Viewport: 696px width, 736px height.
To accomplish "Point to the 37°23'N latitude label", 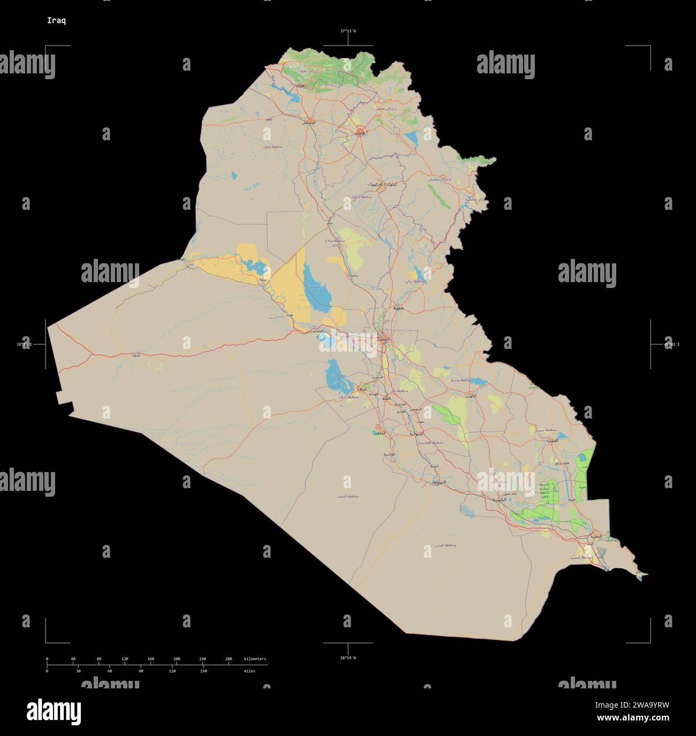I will point(348,31).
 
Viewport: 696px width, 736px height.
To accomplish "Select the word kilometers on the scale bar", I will point(255,659).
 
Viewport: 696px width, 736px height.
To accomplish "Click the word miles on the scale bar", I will point(249,671).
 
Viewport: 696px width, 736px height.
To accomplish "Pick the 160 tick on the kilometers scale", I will point(151,659).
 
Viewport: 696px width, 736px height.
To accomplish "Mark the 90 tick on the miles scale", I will point(141,671).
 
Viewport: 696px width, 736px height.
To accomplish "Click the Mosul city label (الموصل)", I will point(308,122).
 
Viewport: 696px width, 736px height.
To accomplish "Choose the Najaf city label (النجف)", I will point(379,432).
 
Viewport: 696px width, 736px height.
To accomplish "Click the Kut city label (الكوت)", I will point(471,396).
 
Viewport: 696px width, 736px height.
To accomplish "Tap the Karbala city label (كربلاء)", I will point(362,389).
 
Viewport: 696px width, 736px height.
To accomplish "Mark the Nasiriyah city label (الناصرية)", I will point(496,499).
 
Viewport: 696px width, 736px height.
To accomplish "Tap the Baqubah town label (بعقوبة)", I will point(398,309).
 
